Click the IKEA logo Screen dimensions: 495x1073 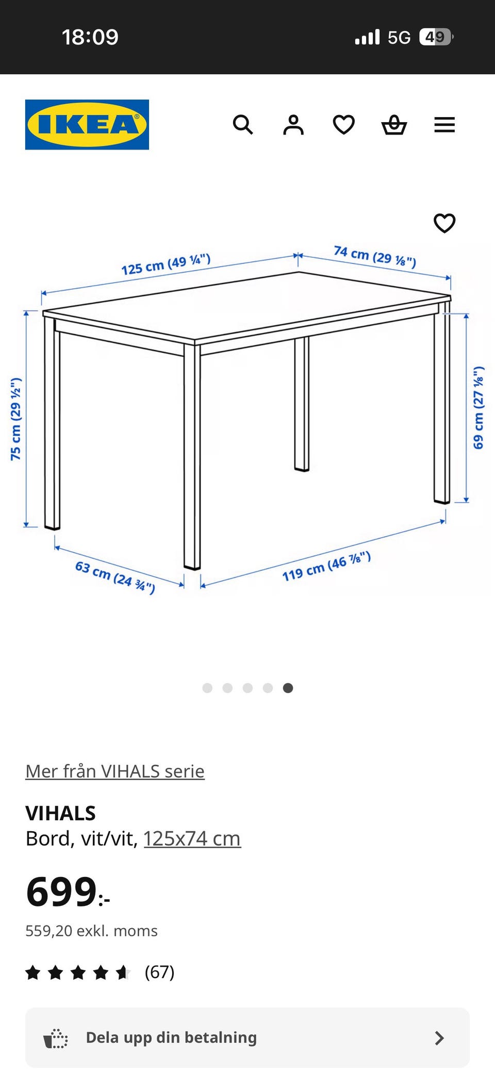[87, 125]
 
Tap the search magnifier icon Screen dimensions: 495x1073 [243, 125]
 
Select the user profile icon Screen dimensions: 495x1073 [293, 125]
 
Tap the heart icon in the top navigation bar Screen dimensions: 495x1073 [344, 125]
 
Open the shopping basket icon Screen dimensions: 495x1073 [394, 125]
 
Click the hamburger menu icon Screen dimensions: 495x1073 [444, 125]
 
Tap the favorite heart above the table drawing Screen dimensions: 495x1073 [444, 223]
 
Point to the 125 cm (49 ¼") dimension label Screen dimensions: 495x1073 [166, 265]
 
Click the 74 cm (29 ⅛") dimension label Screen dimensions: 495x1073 [375, 257]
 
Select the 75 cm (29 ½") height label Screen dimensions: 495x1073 [16, 419]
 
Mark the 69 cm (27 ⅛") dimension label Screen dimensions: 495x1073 [478, 407]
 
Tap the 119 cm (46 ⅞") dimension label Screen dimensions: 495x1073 [326, 566]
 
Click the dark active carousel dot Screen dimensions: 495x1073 [288, 688]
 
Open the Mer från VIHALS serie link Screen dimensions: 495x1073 [115, 771]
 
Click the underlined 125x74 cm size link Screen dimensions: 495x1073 [192, 838]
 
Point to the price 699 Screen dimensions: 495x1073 [61, 892]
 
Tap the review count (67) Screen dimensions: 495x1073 [159, 972]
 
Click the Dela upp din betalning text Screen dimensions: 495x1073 [171, 1037]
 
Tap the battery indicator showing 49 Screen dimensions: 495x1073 [436, 37]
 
